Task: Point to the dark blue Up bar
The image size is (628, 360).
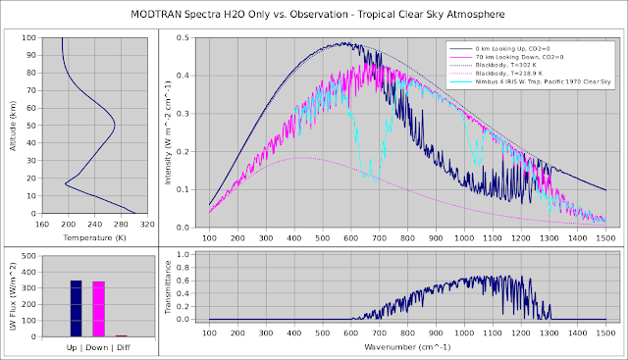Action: pos(76,309)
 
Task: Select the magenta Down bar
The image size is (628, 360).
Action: pos(98,309)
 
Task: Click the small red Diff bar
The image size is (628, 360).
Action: pos(121,335)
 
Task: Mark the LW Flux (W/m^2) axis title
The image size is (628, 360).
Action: pos(12,292)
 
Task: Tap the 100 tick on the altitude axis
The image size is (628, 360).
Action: pos(29,38)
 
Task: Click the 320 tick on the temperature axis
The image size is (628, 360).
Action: pos(147,224)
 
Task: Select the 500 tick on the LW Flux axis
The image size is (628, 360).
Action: pos(29,256)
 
